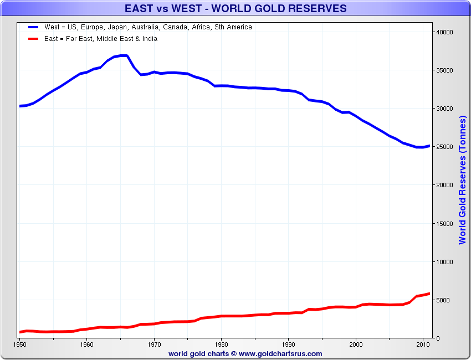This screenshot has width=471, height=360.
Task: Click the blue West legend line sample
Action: pyautogui.click(x=35, y=27)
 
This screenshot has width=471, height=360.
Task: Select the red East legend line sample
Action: pyautogui.click(x=35, y=39)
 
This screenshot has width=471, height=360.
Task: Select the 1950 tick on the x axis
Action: pyautogui.click(x=20, y=344)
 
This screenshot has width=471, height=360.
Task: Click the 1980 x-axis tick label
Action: pyautogui.click(x=221, y=344)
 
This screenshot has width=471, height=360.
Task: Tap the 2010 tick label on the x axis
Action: pyautogui.click(x=423, y=344)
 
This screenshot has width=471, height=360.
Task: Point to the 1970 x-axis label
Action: pyautogui.click(x=154, y=344)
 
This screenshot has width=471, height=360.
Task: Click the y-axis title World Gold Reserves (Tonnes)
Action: pyautogui.click(x=463, y=180)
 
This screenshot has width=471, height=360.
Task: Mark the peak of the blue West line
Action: pyautogui.click(x=124, y=55)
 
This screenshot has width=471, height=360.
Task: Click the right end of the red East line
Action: pyautogui.click(x=429, y=294)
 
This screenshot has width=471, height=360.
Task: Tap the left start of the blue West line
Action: pyautogui.click(x=21, y=106)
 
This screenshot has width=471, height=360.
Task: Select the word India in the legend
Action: pyautogui.click(x=149, y=39)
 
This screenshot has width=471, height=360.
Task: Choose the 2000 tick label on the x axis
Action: pyautogui.click(x=356, y=344)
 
